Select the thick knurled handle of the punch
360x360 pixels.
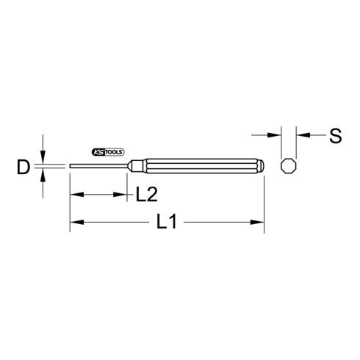(x=198, y=165)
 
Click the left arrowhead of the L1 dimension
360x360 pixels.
(x=74, y=221)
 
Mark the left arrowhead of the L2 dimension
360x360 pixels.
(x=74, y=194)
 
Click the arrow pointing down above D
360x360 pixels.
(x=45, y=157)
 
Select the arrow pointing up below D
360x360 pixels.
(x=45, y=175)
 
